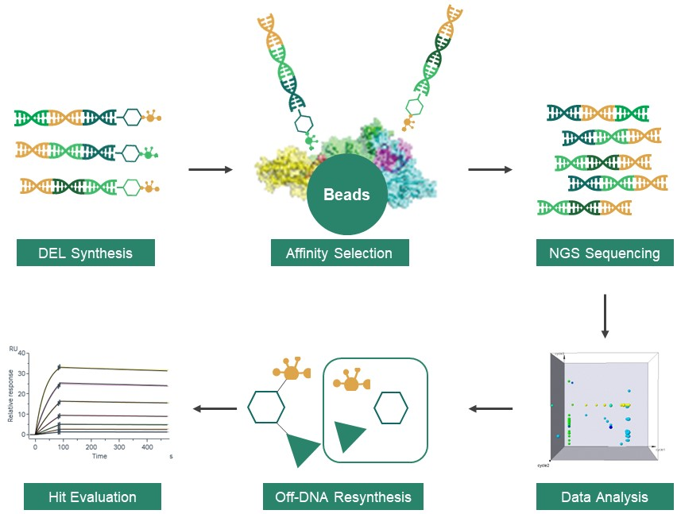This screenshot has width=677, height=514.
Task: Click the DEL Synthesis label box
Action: click(x=86, y=253)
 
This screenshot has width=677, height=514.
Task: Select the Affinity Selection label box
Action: click(x=339, y=253)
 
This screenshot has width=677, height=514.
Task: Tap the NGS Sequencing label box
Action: click(x=605, y=253)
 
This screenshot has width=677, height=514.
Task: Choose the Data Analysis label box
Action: click(x=605, y=497)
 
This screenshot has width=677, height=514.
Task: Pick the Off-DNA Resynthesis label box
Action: click(x=343, y=497)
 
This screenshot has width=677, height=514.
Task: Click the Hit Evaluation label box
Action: click(x=92, y=497)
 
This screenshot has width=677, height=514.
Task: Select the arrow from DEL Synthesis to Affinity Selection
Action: click(x=210, y=169)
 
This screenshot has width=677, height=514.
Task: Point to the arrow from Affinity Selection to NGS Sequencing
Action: click(x=489, y=169)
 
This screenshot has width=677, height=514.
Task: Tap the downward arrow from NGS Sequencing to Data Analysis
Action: click(x=605, y=315)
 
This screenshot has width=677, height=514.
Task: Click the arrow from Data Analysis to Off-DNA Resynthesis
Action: click(x=489, y=409)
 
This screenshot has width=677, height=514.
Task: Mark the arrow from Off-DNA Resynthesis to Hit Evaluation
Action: click(x=215, y=409)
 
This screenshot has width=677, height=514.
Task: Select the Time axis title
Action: click(x=99, y=457)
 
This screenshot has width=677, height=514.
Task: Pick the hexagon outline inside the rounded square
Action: click(x=391, y=407)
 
